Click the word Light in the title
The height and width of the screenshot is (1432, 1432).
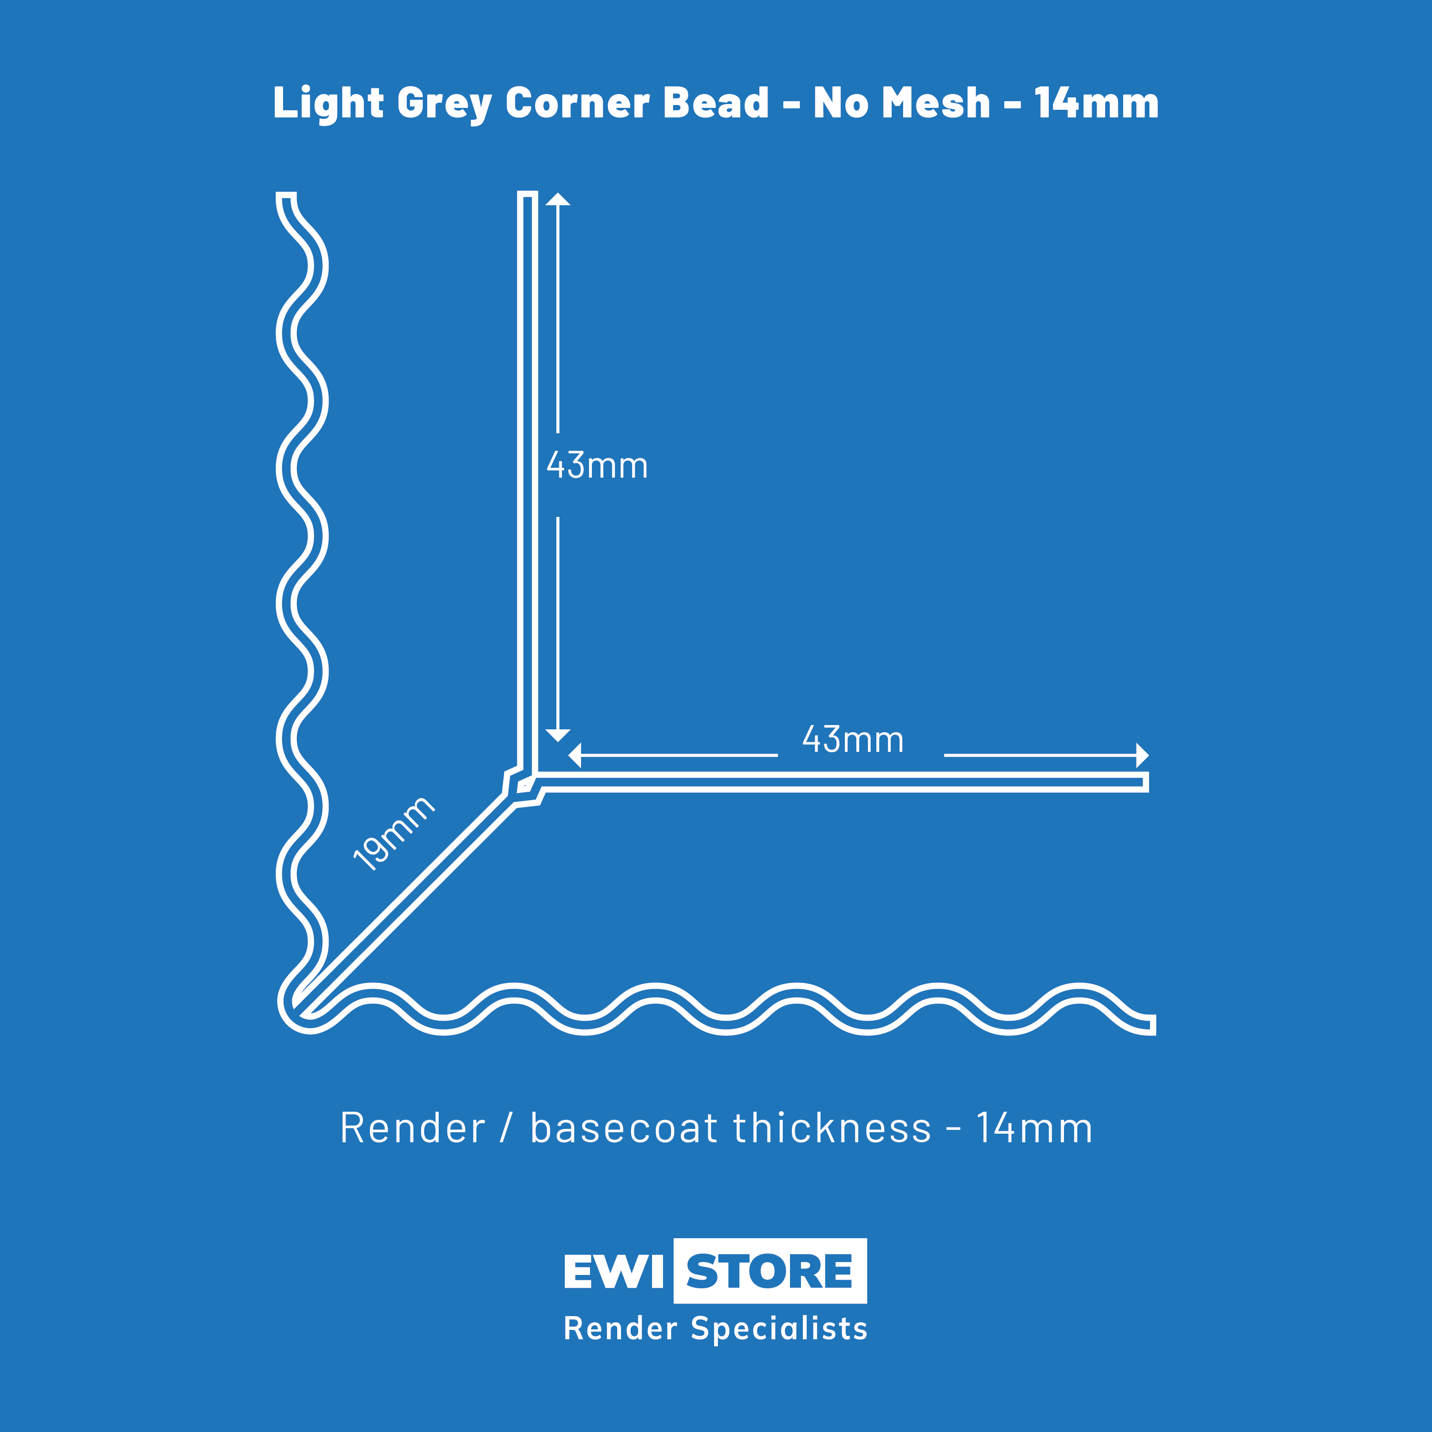328,103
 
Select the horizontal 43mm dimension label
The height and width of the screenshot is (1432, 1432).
853,740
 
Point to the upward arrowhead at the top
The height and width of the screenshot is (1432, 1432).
558,199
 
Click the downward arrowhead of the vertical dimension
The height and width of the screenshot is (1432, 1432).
558,735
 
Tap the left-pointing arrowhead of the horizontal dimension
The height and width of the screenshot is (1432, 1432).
574,755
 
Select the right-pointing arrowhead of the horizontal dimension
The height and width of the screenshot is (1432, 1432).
1142,755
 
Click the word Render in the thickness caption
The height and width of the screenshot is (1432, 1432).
413,1128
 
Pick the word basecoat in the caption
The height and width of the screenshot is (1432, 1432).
624,1128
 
